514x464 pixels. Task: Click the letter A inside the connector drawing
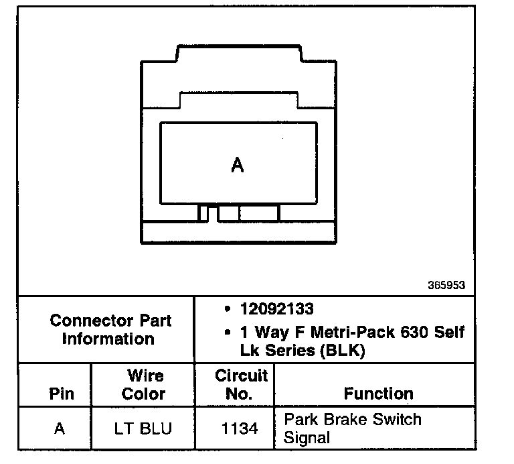point(237,165)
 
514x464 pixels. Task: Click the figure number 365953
point(446,285)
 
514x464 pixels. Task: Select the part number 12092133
point(276,310)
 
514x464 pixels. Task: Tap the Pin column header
point(62,394)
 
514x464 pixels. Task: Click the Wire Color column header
point(145,384)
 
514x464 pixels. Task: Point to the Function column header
point(378,394)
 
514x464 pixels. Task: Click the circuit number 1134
point(239,428)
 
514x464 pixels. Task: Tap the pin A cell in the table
point(60,428)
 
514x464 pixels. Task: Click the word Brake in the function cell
point(345,420)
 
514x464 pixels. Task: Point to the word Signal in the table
point(307,438)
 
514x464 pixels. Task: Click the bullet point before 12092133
point(228,310)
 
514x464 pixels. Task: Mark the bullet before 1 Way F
point(228,333)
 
